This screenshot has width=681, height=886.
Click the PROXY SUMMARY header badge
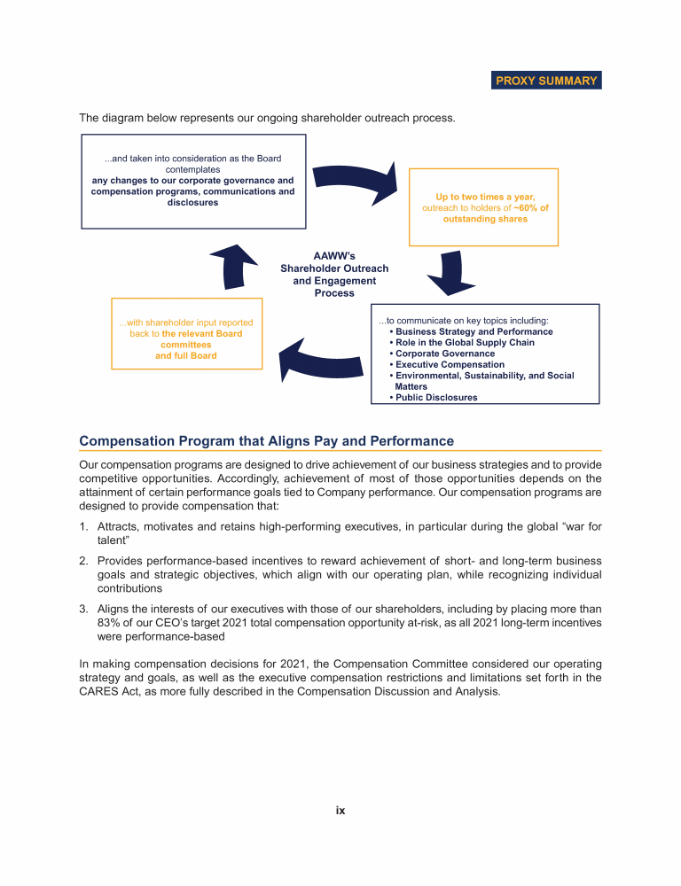[546, 81]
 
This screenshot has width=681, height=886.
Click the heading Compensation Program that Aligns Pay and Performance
[266, 441]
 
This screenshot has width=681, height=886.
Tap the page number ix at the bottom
[340, 810]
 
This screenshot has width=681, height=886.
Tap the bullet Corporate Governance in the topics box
[444, 354]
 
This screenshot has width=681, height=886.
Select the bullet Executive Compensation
[450, 364]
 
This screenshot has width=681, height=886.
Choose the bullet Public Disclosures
[435, 398]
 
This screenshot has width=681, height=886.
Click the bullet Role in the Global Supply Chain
[465, 343]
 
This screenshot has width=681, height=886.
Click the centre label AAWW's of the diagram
[334, 256]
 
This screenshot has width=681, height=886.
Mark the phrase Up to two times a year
[485, 197]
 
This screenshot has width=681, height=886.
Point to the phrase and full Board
[186, 355]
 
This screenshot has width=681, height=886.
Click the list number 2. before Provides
[84, 561]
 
